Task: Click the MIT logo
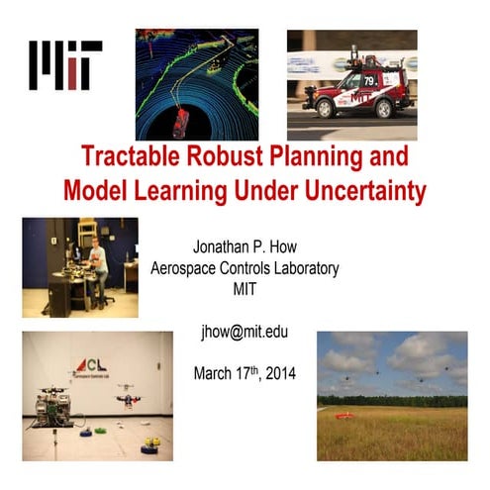click(x=65, y=65)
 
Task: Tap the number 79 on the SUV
click(x=367, y=78)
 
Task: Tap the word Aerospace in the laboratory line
click(x=185, y=267)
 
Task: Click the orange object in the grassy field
click(x=343, y=415)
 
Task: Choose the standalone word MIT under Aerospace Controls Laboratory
click(x=245, y=287)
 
